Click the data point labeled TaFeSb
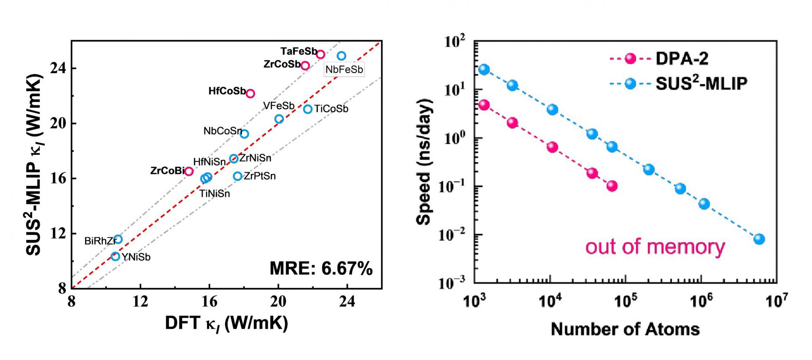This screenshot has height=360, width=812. pos(321,54)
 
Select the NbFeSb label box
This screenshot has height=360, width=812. pos(344,69)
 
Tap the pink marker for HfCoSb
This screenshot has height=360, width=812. pos(250,93)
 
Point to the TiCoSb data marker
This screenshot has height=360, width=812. pos(307,109)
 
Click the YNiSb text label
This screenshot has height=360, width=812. pos(136,257)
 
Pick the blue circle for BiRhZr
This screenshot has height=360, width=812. pos(118,239)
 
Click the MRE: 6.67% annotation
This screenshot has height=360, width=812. pos(321,269)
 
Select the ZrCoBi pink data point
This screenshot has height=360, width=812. pos(189,171)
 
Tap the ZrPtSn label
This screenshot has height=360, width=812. pos(260,176)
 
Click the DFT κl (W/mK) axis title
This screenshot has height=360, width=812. pos(226,324)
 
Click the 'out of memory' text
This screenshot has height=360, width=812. pos(655,247)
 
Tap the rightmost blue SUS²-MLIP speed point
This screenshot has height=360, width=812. pos(759,239)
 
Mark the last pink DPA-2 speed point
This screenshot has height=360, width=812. pos(612,186)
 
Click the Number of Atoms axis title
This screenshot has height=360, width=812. pos(625,329)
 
